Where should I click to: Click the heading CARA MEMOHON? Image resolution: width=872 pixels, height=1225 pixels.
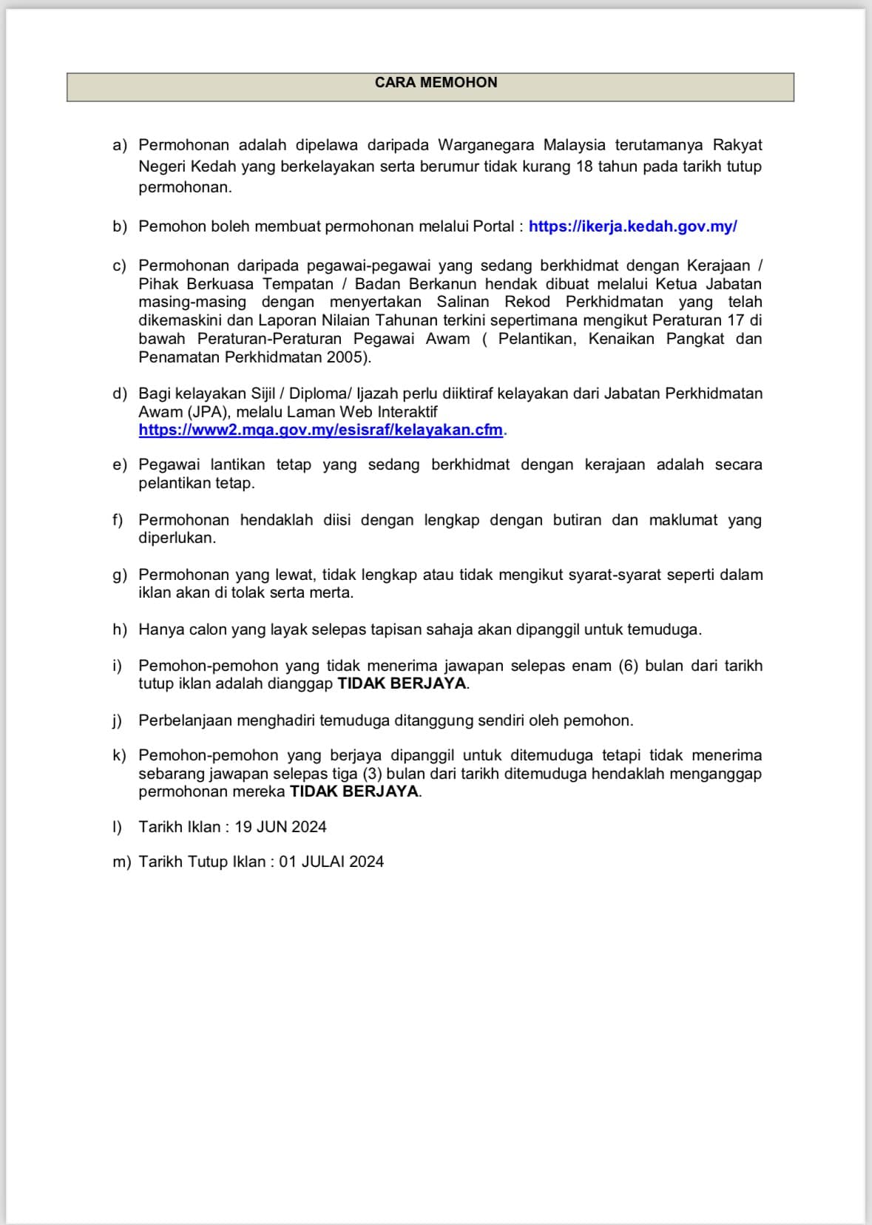pos(436,82)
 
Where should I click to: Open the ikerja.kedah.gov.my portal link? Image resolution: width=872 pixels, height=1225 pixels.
pos(632,226)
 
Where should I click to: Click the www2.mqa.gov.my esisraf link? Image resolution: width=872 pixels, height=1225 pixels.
pos(320,430)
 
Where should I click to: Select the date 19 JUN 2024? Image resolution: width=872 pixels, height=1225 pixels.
pos(280,827)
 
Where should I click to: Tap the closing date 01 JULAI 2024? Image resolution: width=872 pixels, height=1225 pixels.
pos(331,862)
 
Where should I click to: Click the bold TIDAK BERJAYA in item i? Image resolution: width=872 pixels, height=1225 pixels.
pos(402,684)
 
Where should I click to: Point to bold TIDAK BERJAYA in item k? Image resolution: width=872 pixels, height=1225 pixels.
pos(354,792)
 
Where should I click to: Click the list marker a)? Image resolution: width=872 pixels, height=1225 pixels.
pos(120,145)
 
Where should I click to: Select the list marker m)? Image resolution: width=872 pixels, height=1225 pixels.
pos(121,862)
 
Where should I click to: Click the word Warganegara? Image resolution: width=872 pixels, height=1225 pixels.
pos(486,145)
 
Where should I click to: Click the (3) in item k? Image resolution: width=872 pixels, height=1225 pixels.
pos(372,774)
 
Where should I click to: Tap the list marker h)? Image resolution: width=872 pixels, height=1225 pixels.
pos(120,630)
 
